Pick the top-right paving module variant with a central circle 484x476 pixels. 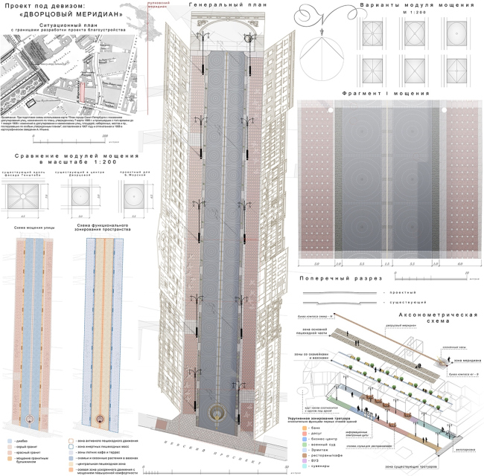[456, 29]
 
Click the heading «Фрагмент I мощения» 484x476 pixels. [386, 94]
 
